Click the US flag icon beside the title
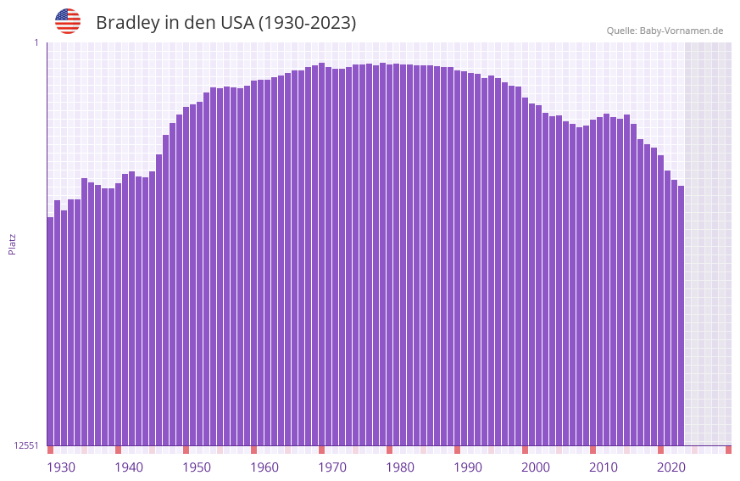click(x=68, y=21)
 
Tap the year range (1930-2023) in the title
click(x=306, y=23)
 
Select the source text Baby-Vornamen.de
click(x=681, y=31)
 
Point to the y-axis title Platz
click(x=12, y=243)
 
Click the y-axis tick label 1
click(x=36, y=42)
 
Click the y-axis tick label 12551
click(x=26, y=445)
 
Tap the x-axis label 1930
click(x=61, y=467)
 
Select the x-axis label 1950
click(x=197, y=467)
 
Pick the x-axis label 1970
click(x=332, y=467)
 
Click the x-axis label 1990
click(x=468, y=467)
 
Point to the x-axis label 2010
click(x=604, y=467)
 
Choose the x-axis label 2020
click(x=671, y=467)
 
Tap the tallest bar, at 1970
click(x=322, y=254)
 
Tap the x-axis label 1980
click(x=400, y=467)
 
